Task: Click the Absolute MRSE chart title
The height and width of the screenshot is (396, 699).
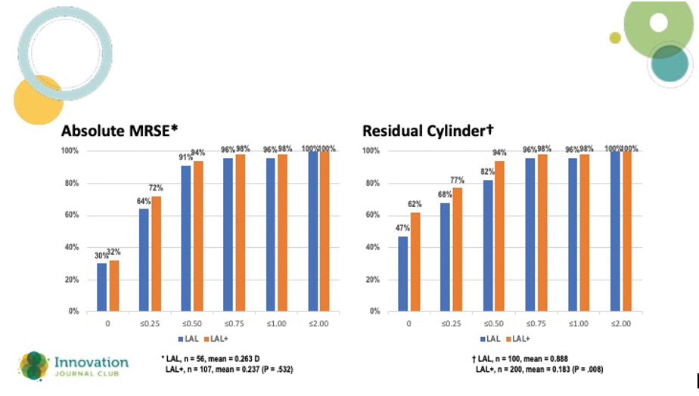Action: click(120, 131)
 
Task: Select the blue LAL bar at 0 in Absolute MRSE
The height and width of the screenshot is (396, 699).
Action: click(101, 287)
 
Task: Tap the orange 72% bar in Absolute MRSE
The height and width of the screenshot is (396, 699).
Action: click(157, 253)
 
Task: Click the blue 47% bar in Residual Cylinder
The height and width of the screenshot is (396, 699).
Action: click(403, 274)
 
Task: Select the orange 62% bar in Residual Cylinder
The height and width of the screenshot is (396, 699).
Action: click(415, 261)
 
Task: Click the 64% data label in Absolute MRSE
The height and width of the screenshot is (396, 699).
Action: click(143, 202)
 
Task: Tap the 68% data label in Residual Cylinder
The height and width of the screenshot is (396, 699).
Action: click(445, 196)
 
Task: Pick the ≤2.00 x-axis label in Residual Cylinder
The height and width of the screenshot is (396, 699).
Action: click(620, 323)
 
